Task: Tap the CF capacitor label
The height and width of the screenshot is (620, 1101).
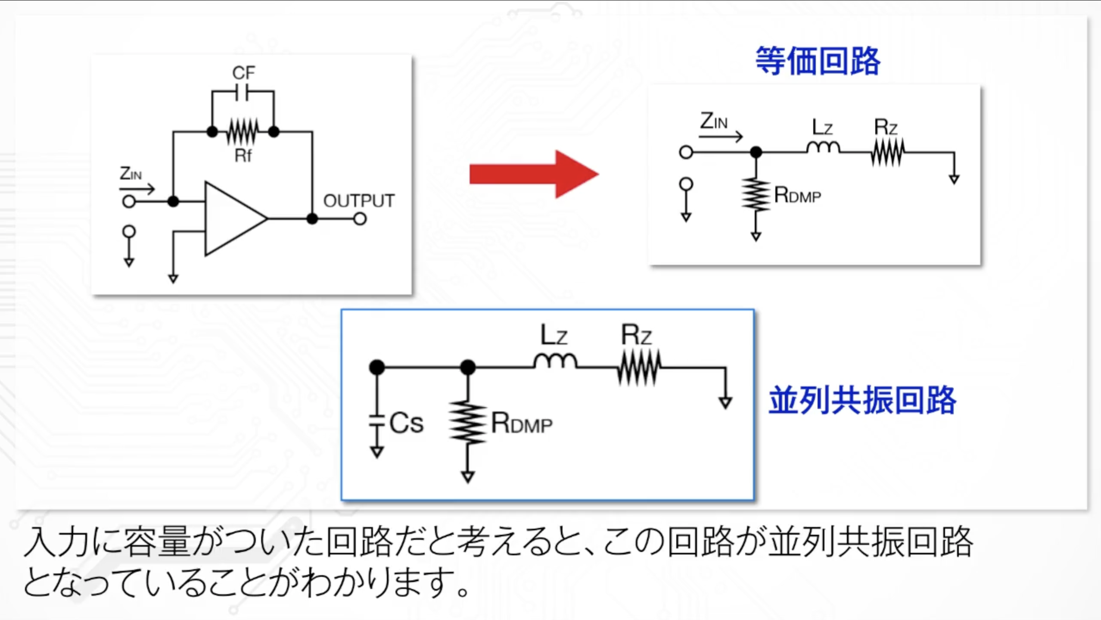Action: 243,73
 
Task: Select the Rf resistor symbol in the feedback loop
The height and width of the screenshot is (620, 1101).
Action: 243,131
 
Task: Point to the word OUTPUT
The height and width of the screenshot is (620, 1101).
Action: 358,201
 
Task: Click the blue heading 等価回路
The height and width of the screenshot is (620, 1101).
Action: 817,61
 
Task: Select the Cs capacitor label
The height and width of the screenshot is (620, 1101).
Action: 406,423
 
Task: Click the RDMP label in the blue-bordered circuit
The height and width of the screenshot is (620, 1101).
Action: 522,424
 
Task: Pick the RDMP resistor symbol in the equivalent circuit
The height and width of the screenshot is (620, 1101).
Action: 756,195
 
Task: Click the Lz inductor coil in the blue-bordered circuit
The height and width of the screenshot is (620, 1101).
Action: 555,361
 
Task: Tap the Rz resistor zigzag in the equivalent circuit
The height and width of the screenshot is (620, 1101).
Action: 887,152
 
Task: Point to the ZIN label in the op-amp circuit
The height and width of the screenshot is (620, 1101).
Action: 130,174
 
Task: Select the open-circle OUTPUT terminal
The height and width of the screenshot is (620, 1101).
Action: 360,219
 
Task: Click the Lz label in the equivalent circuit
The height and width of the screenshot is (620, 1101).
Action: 822,128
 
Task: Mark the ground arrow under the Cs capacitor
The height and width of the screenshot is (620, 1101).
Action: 376,452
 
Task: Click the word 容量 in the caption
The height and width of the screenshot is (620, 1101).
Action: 157,542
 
